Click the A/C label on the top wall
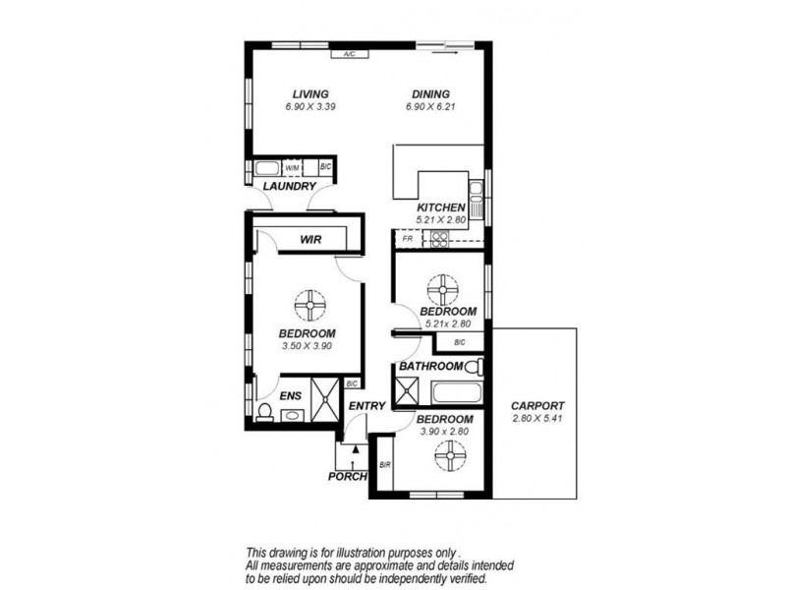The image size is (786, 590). [349, 55]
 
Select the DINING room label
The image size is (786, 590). [430, 94]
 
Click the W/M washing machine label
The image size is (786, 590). [292, 168]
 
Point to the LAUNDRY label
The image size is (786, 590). [289, 186]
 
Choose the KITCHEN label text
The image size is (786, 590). [441, 207]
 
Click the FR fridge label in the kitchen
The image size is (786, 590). [406, 239]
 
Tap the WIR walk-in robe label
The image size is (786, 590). [312, 239]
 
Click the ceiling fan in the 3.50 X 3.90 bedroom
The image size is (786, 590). [310, 306]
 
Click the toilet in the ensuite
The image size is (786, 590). [264, 412]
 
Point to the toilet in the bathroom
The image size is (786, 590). [473, 367]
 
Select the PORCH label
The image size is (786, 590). [348, 477]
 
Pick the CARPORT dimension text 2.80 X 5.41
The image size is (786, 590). [537, 419]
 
